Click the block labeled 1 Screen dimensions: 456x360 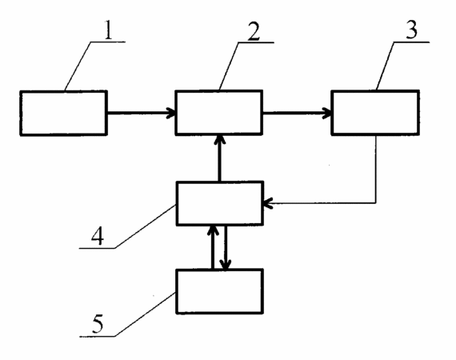tap(64, 113)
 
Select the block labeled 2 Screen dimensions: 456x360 tap(219, 113)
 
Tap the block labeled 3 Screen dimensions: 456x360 tap(375, 113)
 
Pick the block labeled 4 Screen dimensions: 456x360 tap(220, 203)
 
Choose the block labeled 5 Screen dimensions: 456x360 tap(219, 291)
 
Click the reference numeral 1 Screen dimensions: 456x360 tap(108, 30)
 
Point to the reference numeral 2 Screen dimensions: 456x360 tap(254, 30)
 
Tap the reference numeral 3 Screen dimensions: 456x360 tap(411, 30)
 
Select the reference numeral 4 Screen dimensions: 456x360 tap(98, 236)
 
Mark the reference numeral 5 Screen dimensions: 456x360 tap(98, 324)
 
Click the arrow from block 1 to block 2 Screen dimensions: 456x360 tap(142, 113)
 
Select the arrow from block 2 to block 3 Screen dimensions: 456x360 tap(298, 113)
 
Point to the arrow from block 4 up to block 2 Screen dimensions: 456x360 tap(219, 158)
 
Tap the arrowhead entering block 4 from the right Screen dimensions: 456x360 tap(267, 203)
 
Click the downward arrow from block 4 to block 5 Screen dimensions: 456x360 tap(226, 247)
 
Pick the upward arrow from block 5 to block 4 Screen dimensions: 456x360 tap(213, 247)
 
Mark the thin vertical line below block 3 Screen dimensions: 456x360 tap(376, 170)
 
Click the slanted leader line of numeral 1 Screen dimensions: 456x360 tap(78, 66)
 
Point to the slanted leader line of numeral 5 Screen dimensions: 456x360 tap(146, 315)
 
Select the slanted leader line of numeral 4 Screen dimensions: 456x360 tap(146, 227)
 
